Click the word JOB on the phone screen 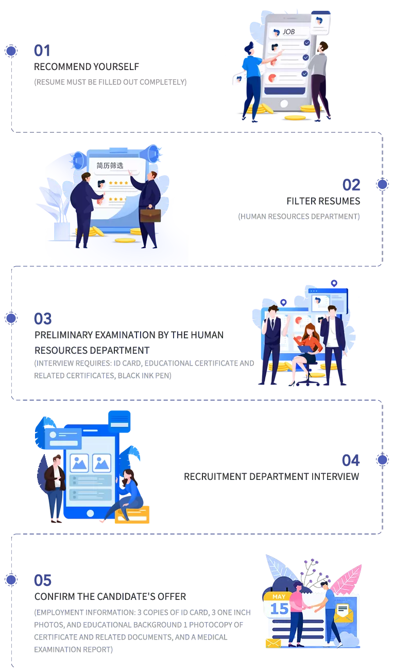tap(288, 32)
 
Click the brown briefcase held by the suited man tap(150, 215)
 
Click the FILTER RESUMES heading tap(323, 200)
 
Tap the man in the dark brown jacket tap(55, 484)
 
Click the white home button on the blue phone tap(91, 513)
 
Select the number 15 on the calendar tap(280, 609)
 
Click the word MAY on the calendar tap(279, 596)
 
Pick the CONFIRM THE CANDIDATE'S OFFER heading tap(110, 596)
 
